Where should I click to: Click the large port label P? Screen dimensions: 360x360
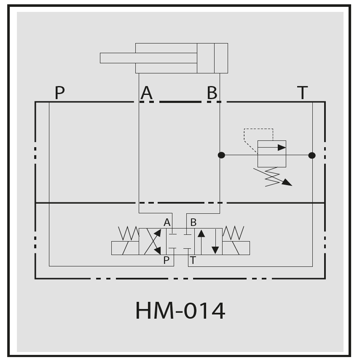(x=60, y=93)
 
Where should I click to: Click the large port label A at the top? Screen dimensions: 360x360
(x=147, y=93)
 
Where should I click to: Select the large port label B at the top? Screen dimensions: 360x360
(x=212, y=93)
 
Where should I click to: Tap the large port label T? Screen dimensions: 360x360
(x=302, y=93)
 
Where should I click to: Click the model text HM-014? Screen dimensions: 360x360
(x=180, y=311)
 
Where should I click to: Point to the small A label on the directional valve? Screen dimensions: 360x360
(x=167, y=222)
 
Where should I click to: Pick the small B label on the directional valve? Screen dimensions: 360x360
(x=193, y=222)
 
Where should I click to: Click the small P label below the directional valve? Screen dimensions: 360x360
(x=166, y=260)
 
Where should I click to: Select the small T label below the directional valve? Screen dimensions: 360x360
(x=193, y=260)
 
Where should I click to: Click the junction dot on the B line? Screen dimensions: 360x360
(x=221, y=155)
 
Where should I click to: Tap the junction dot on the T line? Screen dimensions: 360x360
(x=312, y=156)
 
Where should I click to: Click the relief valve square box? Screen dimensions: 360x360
(x=272, y=154)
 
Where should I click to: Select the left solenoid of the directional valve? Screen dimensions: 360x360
(x=125, y=248)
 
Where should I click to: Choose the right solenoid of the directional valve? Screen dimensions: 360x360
(x=236, y=248)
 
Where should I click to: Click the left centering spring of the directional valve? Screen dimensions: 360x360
(x=129, y=233)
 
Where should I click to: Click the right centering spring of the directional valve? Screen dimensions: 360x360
(x=233, y=233)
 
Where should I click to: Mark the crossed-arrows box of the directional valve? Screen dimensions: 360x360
(x=153, y=242)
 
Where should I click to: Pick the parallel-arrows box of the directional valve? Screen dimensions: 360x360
(x=208, y=242)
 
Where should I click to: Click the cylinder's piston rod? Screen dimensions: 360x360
(x=149, y=58)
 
